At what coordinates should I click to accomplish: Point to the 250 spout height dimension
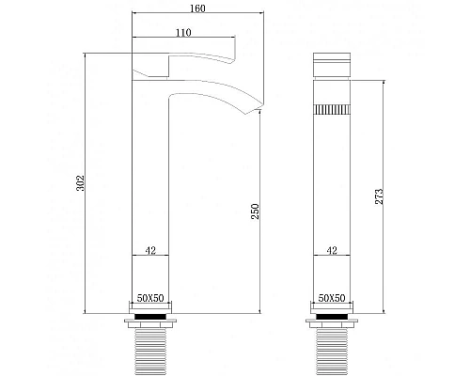point(255,211)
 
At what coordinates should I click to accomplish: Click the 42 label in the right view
point(330,251)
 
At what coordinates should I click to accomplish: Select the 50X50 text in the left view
point(149,297)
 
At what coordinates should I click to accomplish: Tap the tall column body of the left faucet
point(149,188)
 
